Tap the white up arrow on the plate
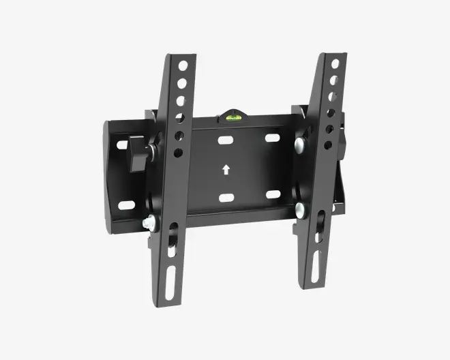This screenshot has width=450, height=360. click(226, 169)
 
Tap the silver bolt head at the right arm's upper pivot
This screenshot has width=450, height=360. click(299, 145)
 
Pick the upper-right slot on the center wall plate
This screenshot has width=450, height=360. click(272, 138)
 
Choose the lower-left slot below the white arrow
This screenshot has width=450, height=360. click(226, 198)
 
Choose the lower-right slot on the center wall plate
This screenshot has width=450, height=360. click(273, 194)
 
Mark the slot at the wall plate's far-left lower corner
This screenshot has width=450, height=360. click(125, 205)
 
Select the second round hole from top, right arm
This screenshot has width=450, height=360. click(333, 80)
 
